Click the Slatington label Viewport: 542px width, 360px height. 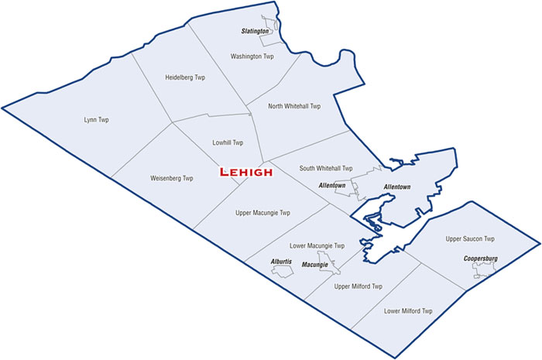254,32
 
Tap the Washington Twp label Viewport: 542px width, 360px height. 252,57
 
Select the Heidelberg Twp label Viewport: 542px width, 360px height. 185,77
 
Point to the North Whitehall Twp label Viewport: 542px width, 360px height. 293,106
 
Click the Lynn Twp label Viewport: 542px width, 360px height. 97,119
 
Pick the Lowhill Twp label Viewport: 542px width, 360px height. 228,142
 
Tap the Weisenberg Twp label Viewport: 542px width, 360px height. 172,178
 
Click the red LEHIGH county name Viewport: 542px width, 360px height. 245,172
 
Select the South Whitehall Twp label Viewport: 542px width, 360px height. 325,168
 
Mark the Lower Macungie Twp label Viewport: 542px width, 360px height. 317,245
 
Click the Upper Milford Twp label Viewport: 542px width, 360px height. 358,286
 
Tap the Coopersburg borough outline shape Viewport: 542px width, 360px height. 485,269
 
